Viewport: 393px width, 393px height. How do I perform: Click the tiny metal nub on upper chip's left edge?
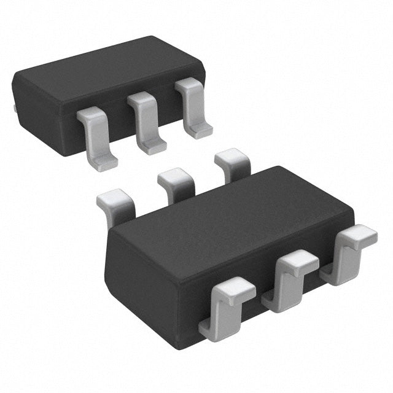click(14, 109)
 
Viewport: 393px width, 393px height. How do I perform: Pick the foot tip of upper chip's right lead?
click(200, 131)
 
